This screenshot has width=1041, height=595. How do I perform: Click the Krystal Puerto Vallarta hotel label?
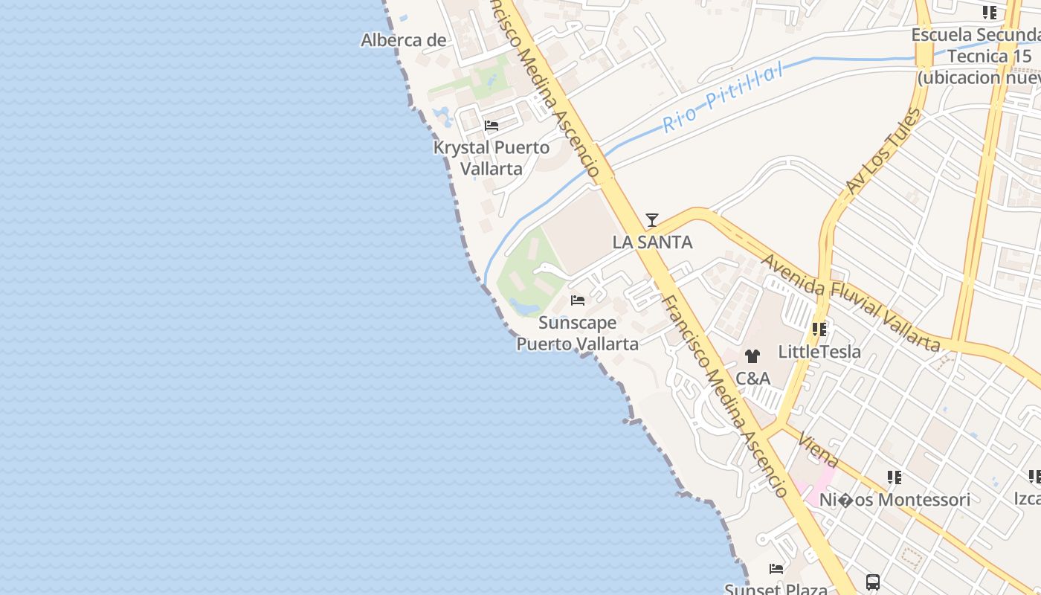pos(492,158)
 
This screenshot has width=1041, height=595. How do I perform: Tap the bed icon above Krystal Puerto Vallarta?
pos(491,126)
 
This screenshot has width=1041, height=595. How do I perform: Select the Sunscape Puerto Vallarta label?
pos(578,333)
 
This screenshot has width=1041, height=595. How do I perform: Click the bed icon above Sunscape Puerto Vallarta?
pos(578,300)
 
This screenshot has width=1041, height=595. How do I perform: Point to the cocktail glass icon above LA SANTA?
pos(652,220)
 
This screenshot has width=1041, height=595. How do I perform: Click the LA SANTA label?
pos(652,242)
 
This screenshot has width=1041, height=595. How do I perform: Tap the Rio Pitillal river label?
pos(722,97)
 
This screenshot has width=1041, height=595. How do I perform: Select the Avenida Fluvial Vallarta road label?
pos(851,303)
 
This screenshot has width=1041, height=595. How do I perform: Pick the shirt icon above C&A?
pos(752,357)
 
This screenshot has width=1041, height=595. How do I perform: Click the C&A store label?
pos(752,379)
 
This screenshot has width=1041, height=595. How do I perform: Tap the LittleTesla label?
pos(819,351)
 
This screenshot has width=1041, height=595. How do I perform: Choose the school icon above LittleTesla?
pos(819,329)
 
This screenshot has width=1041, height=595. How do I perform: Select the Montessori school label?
pos(895,500)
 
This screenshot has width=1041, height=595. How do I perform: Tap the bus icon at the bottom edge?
pos(873,582)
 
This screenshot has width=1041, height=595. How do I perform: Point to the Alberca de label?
pos(404,40)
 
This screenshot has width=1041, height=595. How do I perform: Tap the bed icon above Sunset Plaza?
pos(776,569)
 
